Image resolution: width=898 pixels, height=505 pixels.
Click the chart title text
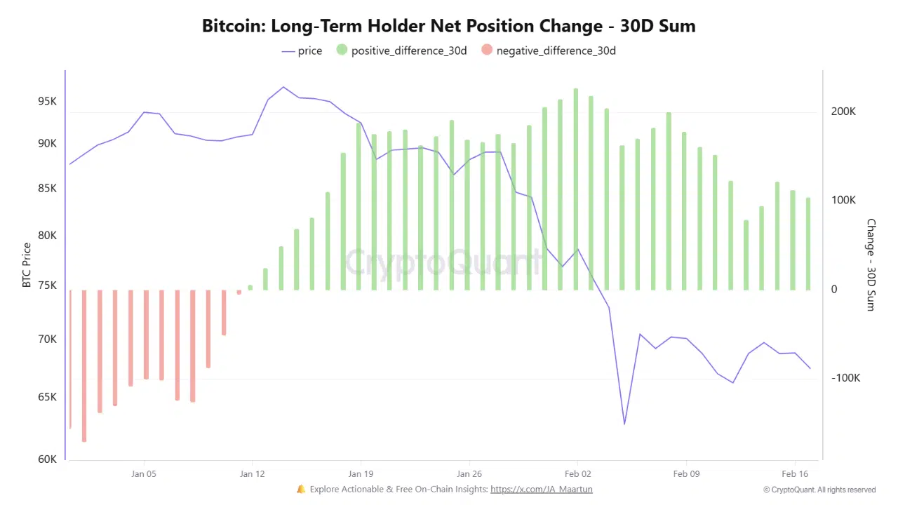pyautogui.click(x=448, y=26)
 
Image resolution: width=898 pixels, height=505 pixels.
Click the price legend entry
pyautogui.click(x=302, y=50)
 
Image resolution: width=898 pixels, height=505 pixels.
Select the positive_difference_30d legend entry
pyautogui.click(x=401, y=50)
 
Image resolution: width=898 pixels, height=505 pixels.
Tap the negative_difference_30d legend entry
pyautogui.click(x=549, y=50)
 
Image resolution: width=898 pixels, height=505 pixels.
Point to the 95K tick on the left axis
pyautogui.click(x=47, y=101)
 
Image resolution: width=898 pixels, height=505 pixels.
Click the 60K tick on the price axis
pyautogui.click(x=47, y=459)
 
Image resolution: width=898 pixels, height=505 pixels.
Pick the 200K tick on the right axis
pyautogui.click(x=843, y=112)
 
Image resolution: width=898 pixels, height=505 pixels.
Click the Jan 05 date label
pyautogui.click(x=144, y=473)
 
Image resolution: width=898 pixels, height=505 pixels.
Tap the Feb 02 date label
pyautogui.click(x=577, y=473)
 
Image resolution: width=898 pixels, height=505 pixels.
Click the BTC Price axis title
pyautogui.click(x=27, y=265)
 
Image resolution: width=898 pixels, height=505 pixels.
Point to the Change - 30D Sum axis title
pyautogui.click(x=871, y=265)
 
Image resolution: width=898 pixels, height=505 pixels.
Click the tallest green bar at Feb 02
pyautogui.click(x=576, y=189)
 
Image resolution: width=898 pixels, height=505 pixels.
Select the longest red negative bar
pyautogui.click(x=84, y=365)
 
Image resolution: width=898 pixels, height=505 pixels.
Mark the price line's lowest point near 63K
pyautogui.click(x=624, y=424)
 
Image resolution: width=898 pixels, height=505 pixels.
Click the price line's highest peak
pyautogui.click(x=283, y=87)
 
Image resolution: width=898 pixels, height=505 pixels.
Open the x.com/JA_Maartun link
pyautogui.click(x=541, y=489)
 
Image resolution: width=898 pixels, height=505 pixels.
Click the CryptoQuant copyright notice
pyautogui.click(x=819, y=490)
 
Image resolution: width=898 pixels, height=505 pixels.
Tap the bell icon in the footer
pyautogui.click(x=301, y=489)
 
